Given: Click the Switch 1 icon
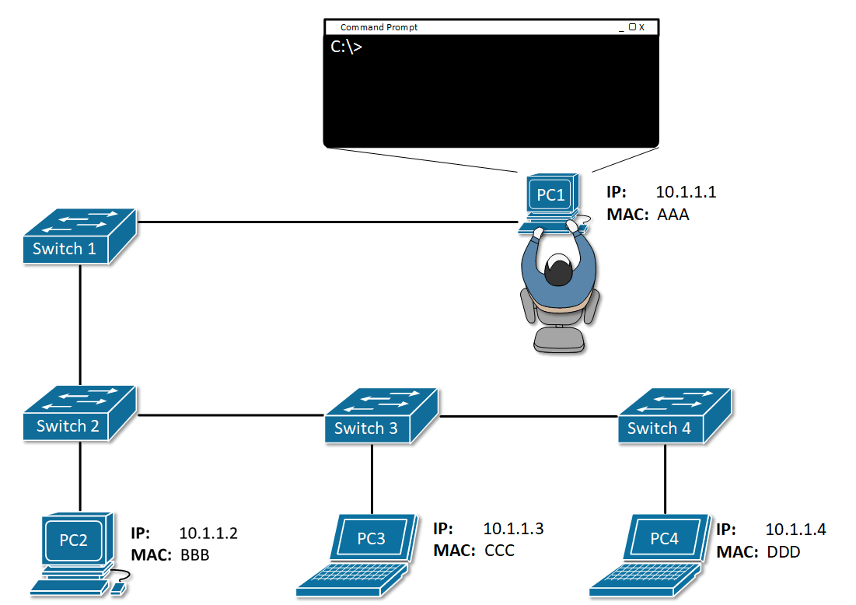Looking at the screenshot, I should (79, 236).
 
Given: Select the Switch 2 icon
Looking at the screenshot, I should (79, 414).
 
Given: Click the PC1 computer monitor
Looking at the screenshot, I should (550, 195).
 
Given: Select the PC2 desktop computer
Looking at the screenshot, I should (75, 544).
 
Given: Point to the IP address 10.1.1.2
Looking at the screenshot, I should (208, 533).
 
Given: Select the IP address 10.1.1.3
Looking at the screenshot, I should (513, 529).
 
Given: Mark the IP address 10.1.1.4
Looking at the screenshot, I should (795, 530).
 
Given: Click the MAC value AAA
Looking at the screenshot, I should (673, 215).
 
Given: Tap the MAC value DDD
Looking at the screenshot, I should (783, 552).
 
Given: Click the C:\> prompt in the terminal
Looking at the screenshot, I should (346, 47).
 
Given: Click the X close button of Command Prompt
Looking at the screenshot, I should (641, 27).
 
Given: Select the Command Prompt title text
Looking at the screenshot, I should (379, 27).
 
